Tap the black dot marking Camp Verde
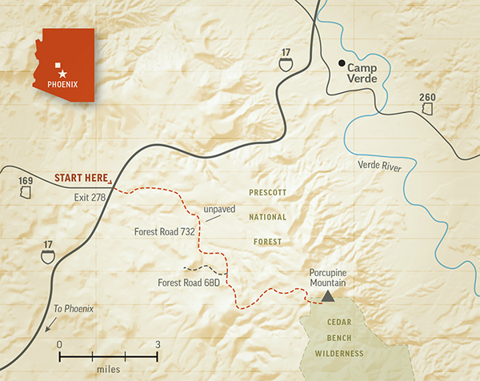point(342,64)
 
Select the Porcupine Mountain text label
point(330,277)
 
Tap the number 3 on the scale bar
point(158,344)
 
